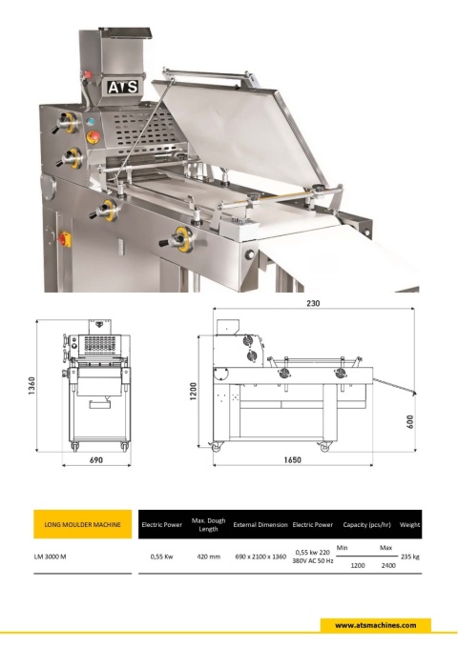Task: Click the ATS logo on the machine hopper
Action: (123, 87)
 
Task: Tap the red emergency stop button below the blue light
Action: (93, 136)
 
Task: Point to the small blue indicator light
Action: (91, 122)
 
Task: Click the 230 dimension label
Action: (313, 303)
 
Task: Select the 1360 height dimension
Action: (31, 386)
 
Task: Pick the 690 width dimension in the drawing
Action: (96, 459)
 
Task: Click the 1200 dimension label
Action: (193, 391)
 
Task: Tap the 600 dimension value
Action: (409, 422)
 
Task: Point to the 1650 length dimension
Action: (293, 459)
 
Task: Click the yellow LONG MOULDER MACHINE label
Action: (83, 524)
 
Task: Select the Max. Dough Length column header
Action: (208, 524)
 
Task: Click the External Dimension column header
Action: (260, 524)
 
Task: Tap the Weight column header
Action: (409, 524)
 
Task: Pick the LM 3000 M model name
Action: (50, 557)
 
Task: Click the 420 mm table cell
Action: (209, 557)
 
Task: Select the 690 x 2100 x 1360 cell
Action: (260, 557)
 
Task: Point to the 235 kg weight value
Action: (410, 557)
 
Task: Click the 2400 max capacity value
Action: (388, 565)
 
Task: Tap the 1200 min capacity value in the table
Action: (358, 565)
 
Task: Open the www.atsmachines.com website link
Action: (376, 625)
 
